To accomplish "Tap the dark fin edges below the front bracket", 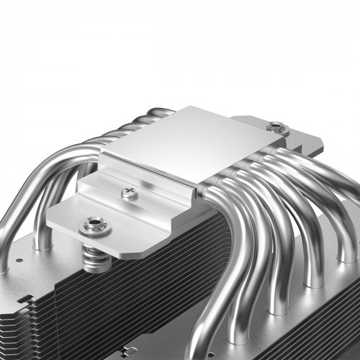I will (x=130, y=288).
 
